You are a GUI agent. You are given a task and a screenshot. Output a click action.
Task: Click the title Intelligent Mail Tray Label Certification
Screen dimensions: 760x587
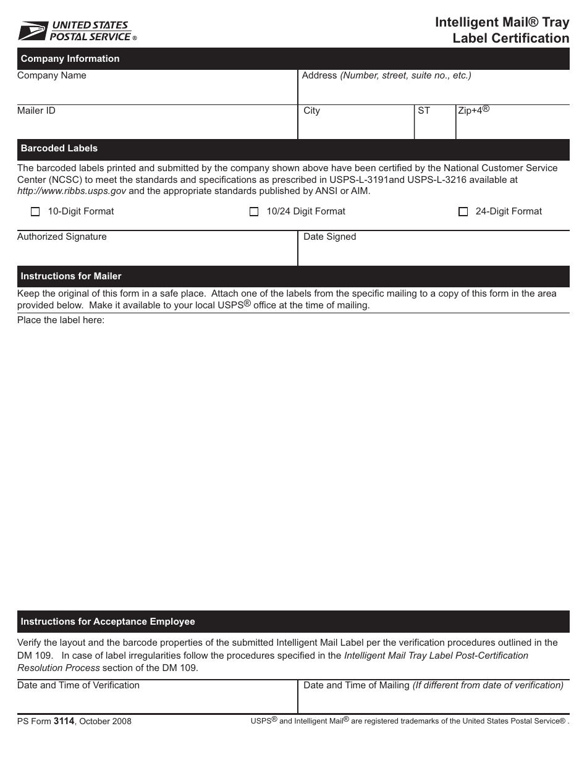(x=502, y=30)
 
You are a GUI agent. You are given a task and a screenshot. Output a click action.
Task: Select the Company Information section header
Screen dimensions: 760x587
(x=70, y=59)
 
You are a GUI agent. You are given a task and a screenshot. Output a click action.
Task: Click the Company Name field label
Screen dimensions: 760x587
(x=52, y=75)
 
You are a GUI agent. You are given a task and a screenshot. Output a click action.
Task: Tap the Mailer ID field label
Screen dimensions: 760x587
(x=36, y=111)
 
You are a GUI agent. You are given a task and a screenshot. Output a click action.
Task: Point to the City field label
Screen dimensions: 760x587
(x=312, y=111)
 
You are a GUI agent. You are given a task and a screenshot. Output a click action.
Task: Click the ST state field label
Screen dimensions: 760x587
(x=424, y=111)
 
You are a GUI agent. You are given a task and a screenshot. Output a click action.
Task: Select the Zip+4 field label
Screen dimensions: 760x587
(x=473, y=111)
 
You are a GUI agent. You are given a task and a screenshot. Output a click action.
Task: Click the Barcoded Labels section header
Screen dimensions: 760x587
(x=59, y=148)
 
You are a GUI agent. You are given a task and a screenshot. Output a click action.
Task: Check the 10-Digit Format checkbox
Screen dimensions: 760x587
(x=35, y=212)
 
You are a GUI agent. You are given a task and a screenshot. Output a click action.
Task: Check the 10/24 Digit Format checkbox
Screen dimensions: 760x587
(x=254, y=212)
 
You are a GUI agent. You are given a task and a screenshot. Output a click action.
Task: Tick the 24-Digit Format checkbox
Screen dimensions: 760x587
(x=463, y=212)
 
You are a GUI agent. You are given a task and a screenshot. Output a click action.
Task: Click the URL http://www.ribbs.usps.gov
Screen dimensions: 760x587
(x=72, y=191)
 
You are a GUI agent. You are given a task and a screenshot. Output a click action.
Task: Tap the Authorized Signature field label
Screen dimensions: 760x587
(x=62, y=237)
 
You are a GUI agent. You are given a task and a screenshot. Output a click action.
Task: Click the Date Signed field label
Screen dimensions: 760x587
(x=330, y=237)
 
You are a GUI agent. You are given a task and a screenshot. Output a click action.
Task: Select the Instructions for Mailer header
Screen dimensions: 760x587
(x=71, y=276)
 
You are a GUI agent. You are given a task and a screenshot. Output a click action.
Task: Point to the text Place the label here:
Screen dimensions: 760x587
(x=61, y=320)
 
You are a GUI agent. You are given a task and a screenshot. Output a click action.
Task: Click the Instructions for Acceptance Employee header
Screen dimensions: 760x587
(x=108, y=622)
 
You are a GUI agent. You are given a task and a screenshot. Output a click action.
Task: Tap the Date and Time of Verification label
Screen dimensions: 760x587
(x=78, y=685)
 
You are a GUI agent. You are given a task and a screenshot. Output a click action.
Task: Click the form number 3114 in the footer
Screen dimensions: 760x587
(x=64, y=721)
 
